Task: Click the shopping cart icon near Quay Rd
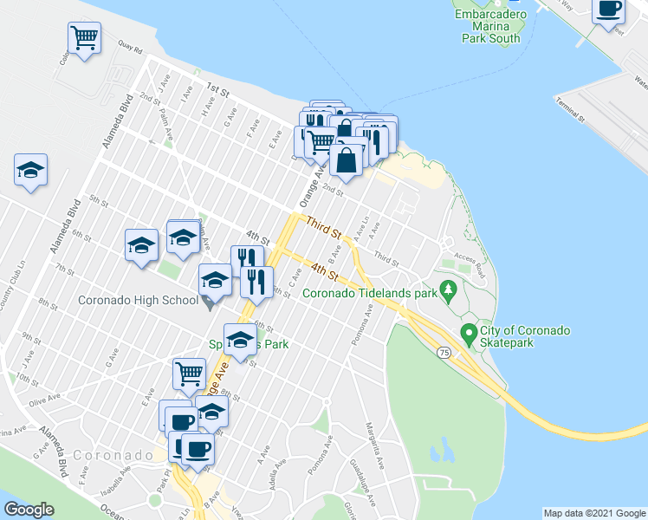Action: (84, 36)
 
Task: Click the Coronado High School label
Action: (137, 301)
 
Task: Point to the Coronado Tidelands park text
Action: (369, 292)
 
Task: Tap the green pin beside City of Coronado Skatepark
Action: (469, 331)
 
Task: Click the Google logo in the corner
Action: (29, 510)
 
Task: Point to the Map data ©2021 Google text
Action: (594, 513)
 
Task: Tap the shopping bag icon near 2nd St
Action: (346, 161)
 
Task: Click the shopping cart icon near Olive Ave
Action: (189, 374)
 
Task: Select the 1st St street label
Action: (216, 89)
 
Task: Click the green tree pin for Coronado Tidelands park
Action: (448, 288)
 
